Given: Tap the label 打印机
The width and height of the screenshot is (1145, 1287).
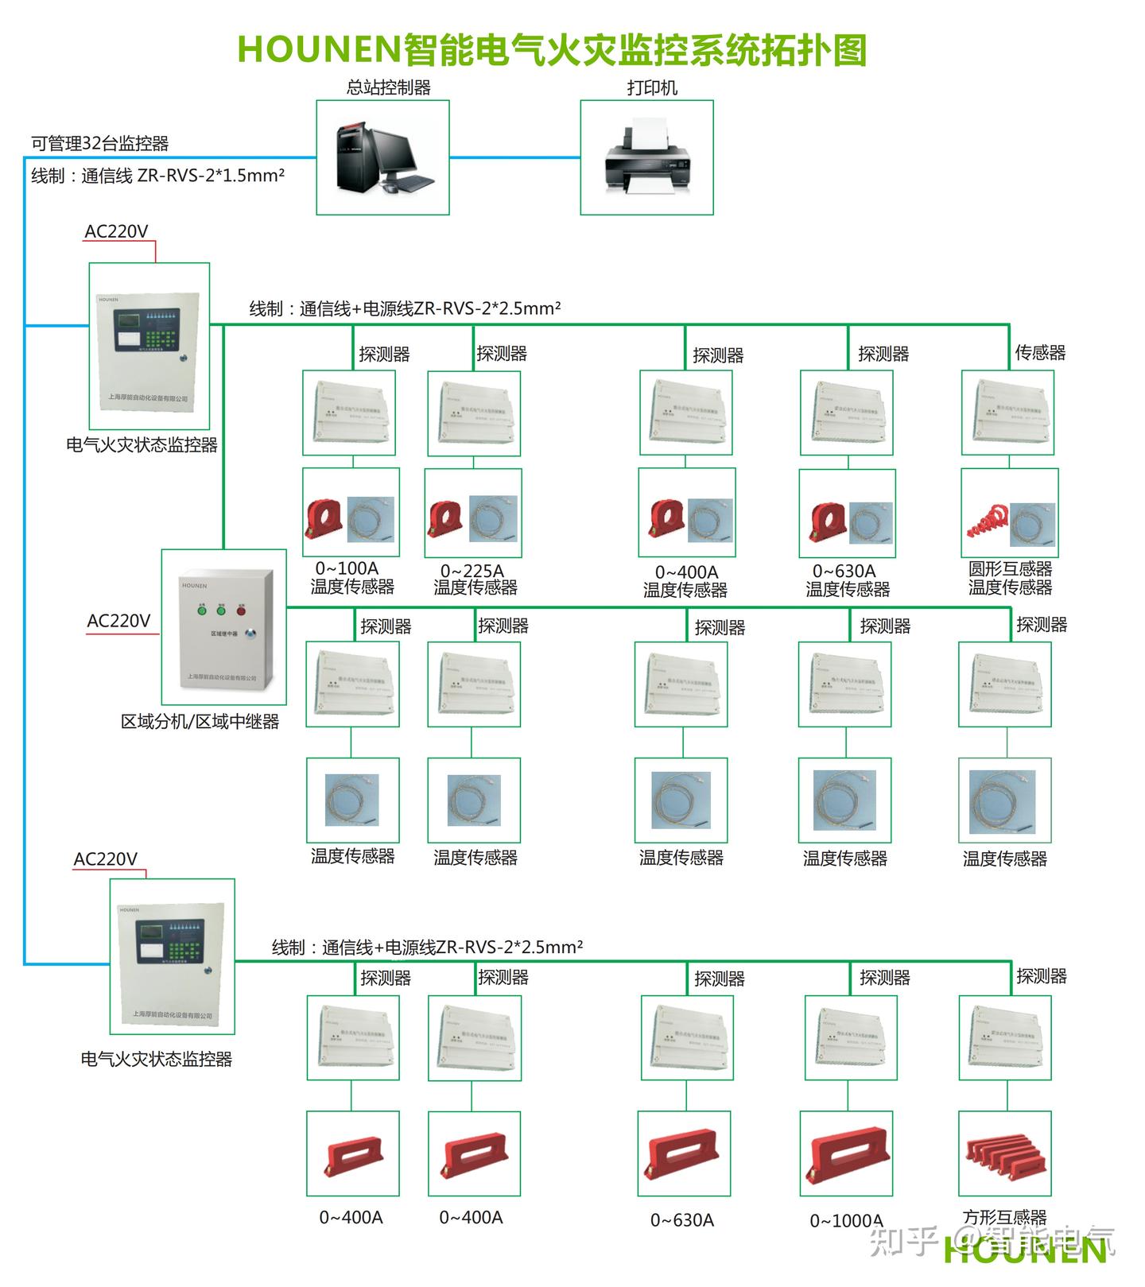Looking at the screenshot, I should point(651,88).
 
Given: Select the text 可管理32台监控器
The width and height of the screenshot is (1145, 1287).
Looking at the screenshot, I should point(99,144).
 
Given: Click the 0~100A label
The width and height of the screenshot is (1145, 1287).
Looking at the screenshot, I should point(347,568).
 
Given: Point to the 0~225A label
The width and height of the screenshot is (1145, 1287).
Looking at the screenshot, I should point(472,571).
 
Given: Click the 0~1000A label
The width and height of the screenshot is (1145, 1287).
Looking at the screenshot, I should point(846,1220).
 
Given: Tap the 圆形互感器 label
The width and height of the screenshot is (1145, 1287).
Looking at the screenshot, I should point(1010,569).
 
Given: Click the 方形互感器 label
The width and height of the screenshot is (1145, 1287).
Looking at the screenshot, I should point(1004,1217).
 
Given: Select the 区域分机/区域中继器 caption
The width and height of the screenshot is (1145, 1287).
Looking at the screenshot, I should point(200,722).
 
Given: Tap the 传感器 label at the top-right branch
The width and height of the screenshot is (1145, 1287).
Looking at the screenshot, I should point(1040,352).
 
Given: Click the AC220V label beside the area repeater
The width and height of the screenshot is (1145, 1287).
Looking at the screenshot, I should point(118,621).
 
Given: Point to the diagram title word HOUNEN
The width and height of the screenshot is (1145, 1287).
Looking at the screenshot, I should point(317,49).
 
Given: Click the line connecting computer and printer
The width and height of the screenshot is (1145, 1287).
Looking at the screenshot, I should point(514,157).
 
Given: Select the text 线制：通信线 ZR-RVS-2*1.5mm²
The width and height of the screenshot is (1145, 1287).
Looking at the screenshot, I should point(157,176).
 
